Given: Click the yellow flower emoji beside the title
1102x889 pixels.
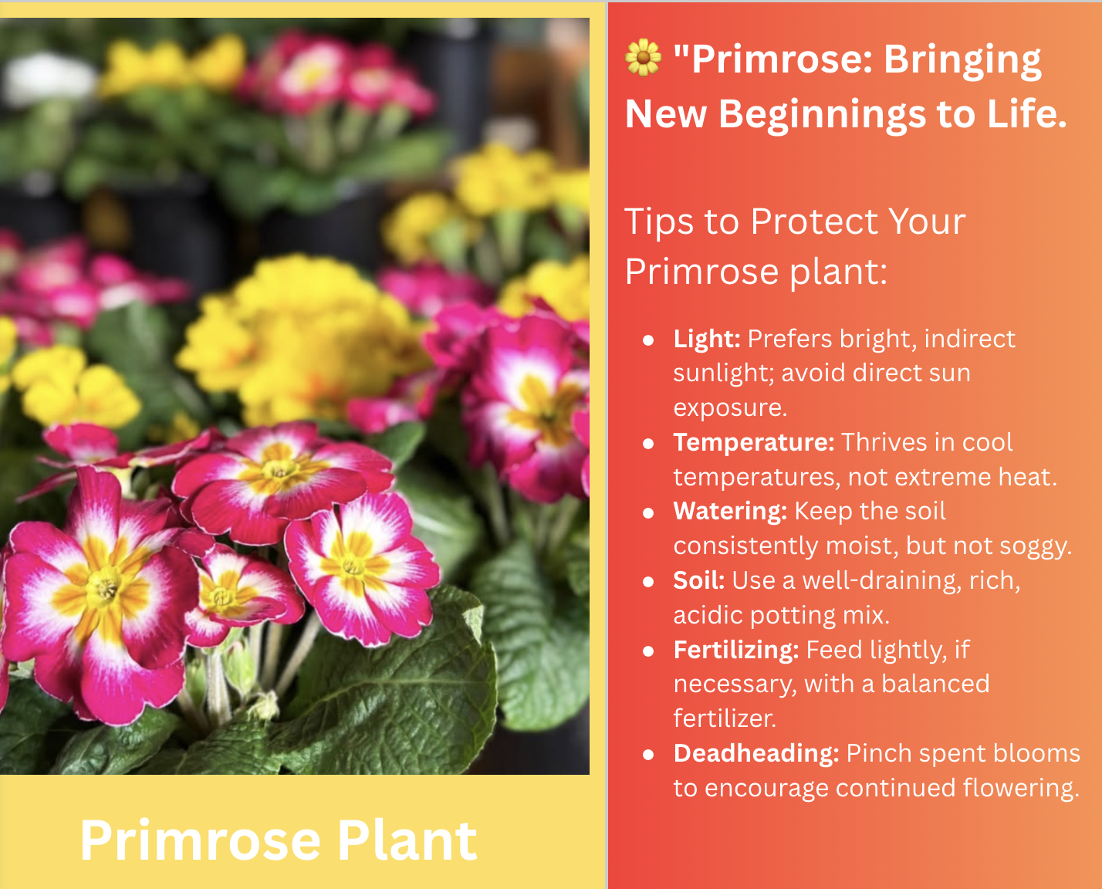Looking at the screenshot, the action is click(x=643, y=57).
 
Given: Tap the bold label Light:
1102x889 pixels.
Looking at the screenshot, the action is click(x=707, y=339).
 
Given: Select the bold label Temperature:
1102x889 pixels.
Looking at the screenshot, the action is click(x=754, y=442).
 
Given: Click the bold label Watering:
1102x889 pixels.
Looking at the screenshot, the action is click(x=730, y=512).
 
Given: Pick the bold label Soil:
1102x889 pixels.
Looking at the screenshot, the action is click(x=699, y=581).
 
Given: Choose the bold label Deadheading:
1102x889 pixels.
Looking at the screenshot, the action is click(x=756, y=754).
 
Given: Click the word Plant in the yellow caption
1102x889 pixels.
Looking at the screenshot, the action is click(x=407, y=841).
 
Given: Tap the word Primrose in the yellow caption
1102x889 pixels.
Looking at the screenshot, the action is click(x=200, y=841).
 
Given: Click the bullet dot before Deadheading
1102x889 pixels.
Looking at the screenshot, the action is click(x=648, y=755).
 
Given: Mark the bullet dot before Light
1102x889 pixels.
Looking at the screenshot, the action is click(x=648, y=340).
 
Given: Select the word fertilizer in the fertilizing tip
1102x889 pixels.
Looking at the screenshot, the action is click(x=725, y=718).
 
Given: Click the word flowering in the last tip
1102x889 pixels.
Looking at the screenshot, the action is click(x=1020, y=789).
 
